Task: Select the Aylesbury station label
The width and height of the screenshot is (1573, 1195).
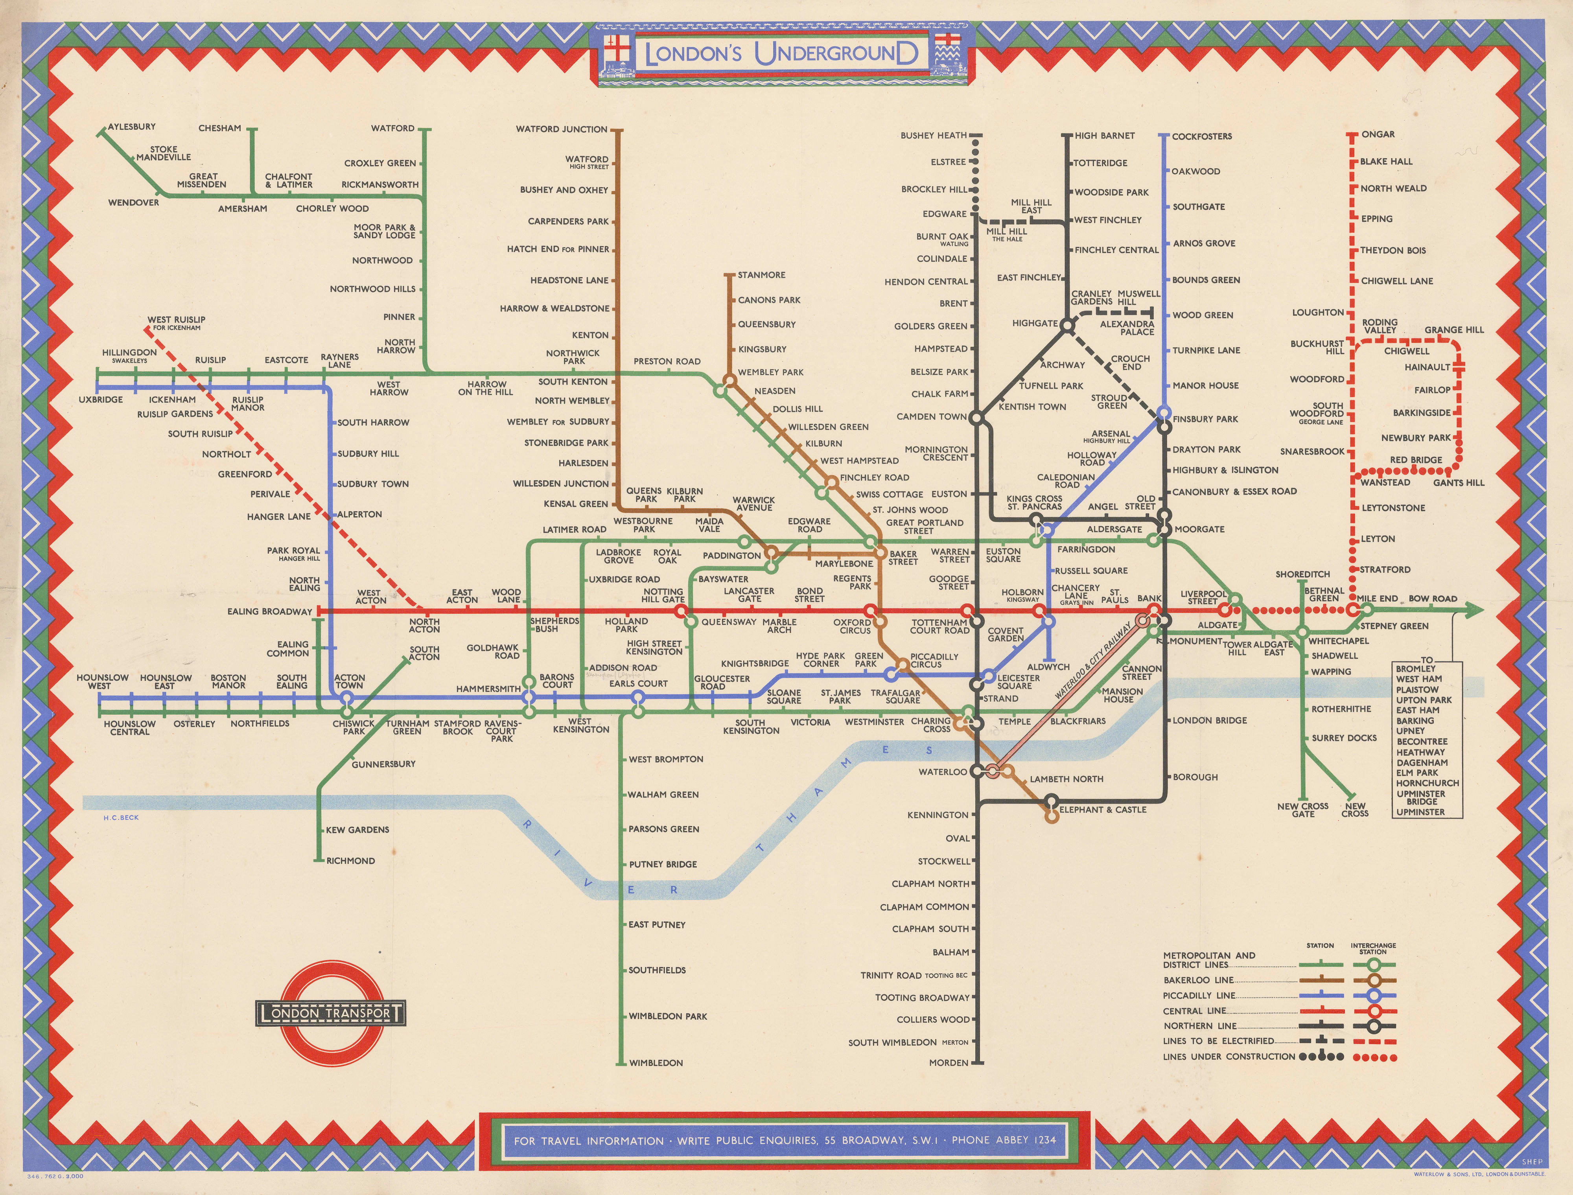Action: point(132,127)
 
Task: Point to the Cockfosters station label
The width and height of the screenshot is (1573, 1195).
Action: point(1202,136)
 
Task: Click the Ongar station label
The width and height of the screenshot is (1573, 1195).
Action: point(1377,134)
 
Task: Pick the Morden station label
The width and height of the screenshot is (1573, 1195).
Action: point(949,1063)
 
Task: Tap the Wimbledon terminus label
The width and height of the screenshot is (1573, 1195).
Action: point(655,1063)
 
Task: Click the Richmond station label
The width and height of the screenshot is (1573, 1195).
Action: point(350,861)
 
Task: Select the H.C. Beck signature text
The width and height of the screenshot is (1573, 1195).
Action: point(121,817)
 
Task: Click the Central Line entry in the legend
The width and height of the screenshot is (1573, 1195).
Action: point(1195,1011)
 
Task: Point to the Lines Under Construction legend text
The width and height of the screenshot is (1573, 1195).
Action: point(1229,1056)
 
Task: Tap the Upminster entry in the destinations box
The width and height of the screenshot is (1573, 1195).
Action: point(1420,812)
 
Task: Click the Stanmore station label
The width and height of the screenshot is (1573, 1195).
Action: point(761,274)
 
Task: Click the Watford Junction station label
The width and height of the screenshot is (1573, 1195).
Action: point(561,129)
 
